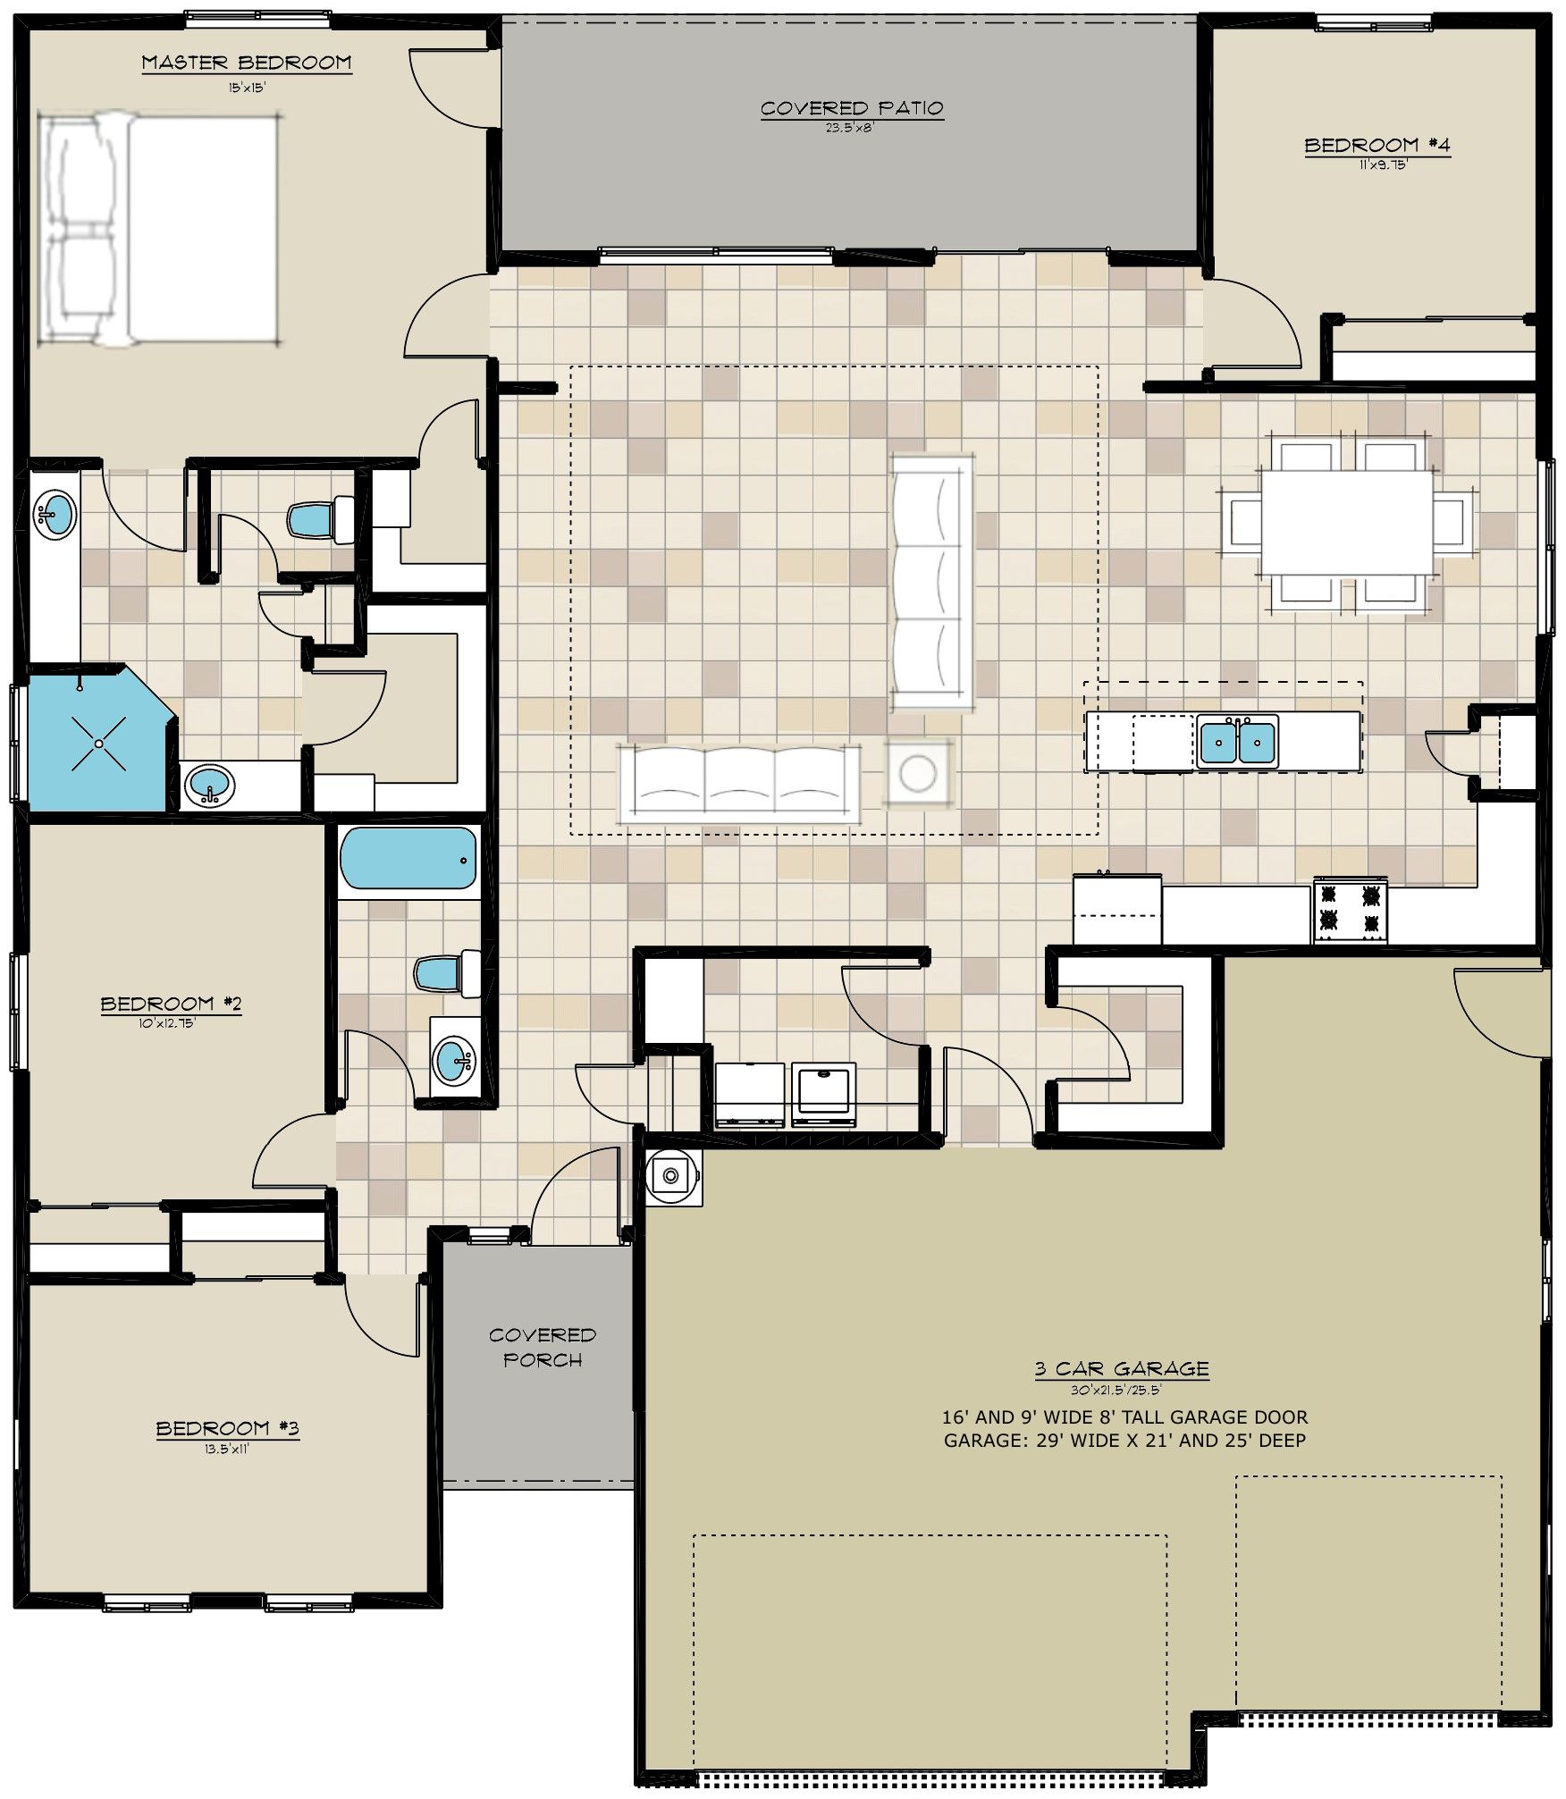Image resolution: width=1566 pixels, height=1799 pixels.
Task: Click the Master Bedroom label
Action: point(247,63)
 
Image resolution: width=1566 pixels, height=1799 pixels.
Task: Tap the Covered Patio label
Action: point(852,108)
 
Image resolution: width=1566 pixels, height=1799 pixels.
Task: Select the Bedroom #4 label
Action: point(1377,145)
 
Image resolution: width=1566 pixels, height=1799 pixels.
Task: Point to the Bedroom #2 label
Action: point(171,1004)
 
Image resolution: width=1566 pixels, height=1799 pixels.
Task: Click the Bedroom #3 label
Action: point(227,1428)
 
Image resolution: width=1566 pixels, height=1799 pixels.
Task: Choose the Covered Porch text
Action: point(543,1347)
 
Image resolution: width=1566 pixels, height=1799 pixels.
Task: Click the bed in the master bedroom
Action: point(159,229)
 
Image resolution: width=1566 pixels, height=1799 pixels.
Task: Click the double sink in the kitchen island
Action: point(1238,740)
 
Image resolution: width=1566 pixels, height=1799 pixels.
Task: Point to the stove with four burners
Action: point(1350,910)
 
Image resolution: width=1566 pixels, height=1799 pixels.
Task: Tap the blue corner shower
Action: point(98,741)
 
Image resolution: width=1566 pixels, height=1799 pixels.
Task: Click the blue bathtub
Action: point(408,858)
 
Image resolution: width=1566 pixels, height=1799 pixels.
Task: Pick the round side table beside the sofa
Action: point(918,772)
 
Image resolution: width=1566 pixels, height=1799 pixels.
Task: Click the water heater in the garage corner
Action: point(671,1173)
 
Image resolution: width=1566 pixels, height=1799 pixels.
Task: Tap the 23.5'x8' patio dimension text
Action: point(849,128)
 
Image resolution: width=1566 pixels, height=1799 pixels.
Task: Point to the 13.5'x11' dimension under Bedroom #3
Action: point(227,1450)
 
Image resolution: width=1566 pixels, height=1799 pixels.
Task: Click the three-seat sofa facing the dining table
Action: point(932,583)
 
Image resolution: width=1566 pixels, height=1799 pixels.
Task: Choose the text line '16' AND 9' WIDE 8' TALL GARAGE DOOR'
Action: point(1124,1417)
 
